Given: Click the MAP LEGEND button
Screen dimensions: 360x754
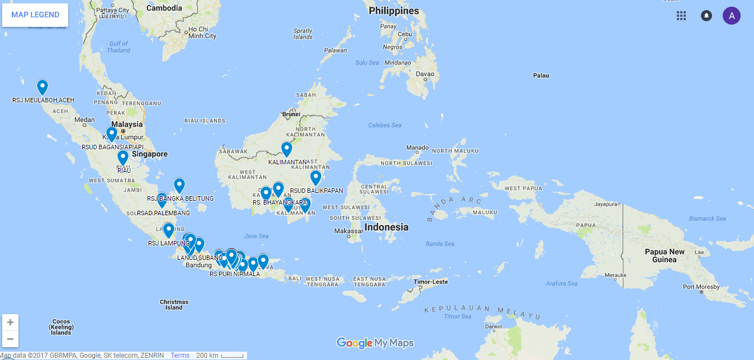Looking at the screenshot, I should (35, 15).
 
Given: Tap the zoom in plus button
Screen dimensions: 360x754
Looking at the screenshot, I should (11, 323).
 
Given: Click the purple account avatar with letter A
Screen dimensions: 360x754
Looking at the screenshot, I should (731, 16).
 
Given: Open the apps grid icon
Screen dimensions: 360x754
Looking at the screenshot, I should (681, 16).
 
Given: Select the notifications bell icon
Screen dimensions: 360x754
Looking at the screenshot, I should (706, 16).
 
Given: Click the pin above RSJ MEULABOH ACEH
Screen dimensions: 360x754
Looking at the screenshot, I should (42, 87).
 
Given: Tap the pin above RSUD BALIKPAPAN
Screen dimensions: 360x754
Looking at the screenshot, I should (316, 177).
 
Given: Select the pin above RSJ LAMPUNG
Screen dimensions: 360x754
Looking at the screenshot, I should (168, 230).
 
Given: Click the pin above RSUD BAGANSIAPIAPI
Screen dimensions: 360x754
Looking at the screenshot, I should (112, 134).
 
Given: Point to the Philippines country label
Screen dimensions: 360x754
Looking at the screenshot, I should (393, 11).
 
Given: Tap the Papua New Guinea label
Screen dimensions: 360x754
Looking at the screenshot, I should (664, 255).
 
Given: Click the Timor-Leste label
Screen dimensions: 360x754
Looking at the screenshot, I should (430, 282).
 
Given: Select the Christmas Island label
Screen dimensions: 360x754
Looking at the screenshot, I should (174, 305).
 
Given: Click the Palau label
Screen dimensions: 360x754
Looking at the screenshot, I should (540, 75).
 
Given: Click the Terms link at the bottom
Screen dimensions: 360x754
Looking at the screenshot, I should (180, 356).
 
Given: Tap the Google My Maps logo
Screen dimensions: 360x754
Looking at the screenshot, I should (375, 343).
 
